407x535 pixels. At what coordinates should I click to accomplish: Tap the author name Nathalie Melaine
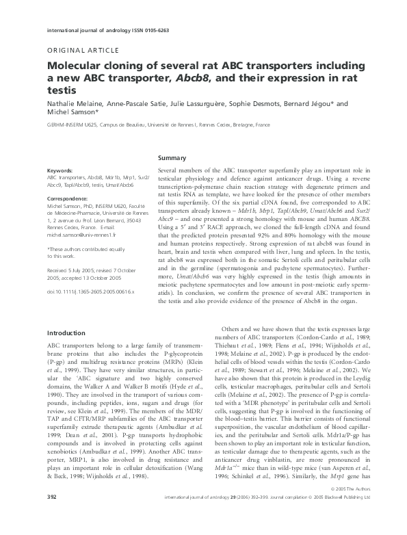75,104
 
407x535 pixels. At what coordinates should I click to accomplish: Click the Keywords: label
60,169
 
